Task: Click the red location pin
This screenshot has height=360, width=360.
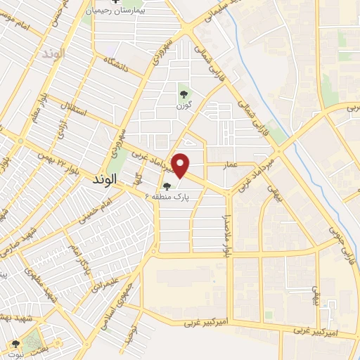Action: pyautogui.click(x=181, y=165)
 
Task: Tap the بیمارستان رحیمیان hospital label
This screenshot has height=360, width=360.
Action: pyautogui.click(x=127, y=11)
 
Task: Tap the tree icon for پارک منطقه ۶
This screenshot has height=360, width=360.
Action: pyautogui.click(x=167, y=187)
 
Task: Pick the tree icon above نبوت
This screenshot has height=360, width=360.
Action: pyautogui.click(x=15, y=344)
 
